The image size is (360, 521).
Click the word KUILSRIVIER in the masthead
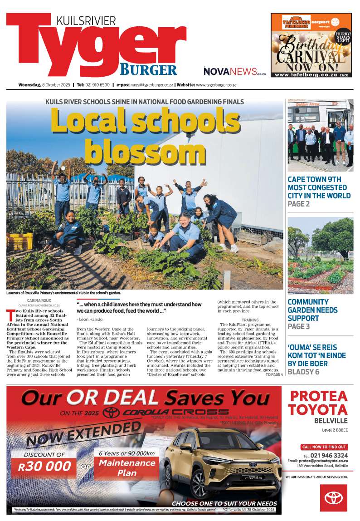[x=86, y=20]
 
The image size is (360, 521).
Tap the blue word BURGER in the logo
[x=148, y=70]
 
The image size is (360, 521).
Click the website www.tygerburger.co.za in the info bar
[x=216, y=85]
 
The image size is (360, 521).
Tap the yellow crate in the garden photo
[x=19, y=241]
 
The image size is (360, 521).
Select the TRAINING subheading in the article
[x=250, y=320]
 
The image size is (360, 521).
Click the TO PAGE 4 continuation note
[x=274, y=374]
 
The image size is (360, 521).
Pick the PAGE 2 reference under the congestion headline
[x=299, y=204]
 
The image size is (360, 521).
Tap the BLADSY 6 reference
[x=303, y=372]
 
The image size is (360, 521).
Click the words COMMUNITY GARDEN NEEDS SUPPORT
[x=313, y=310]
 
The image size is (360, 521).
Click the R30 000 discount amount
[x=45, y=466]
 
